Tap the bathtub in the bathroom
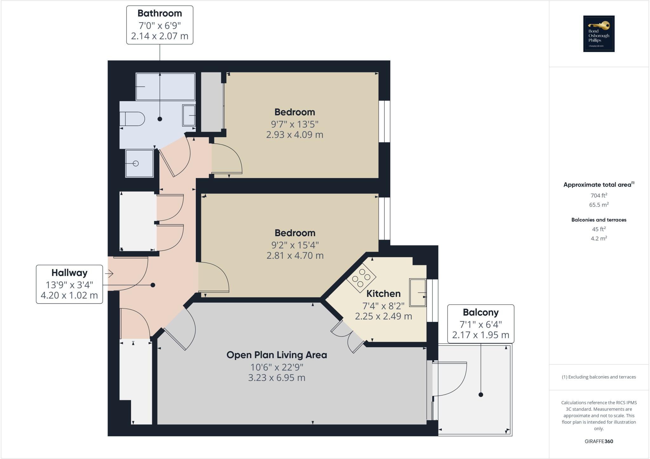[165, 87]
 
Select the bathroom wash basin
[189, 115]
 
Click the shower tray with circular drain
[140, 163]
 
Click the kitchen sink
[418, 292]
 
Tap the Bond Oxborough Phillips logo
[599, 34]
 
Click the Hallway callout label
[69, 284]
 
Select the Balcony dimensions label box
[481, 324]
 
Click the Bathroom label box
[160, 25]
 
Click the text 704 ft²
[599, 196]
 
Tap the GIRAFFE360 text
[599, 441]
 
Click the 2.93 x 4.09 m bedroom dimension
[295, 135]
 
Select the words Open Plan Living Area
[276, 355]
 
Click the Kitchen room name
[383, 294]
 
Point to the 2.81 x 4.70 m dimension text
[295, 256]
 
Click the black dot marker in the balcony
[481, 395]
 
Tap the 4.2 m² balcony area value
[599, 238]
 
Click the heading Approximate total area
[597, 185]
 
